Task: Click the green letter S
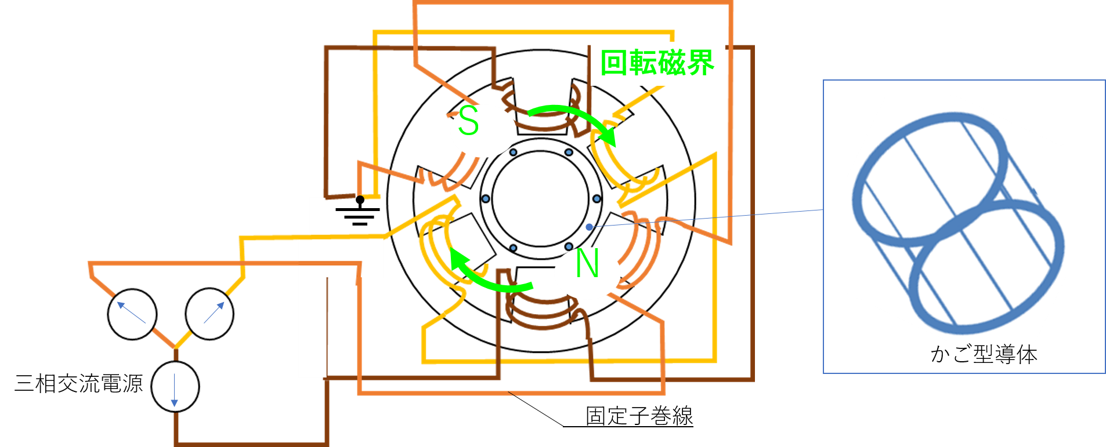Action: [x=468, y=121]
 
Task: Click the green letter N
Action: [x=587, y=263]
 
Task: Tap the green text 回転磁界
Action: [x=657, y=63]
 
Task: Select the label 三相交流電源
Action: [x=79, y=383]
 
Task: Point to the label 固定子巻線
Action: [x=639, y=416]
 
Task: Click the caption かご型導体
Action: [x=984, y=354]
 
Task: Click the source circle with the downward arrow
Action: [x=175, y=387]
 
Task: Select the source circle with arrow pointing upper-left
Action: [x=132, y=314]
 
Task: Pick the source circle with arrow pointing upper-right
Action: [x=209, y=314]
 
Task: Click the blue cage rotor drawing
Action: [x=957, y=223]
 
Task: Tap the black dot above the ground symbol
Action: [x=360, y=200]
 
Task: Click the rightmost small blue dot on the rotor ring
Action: [x=597, y=199]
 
